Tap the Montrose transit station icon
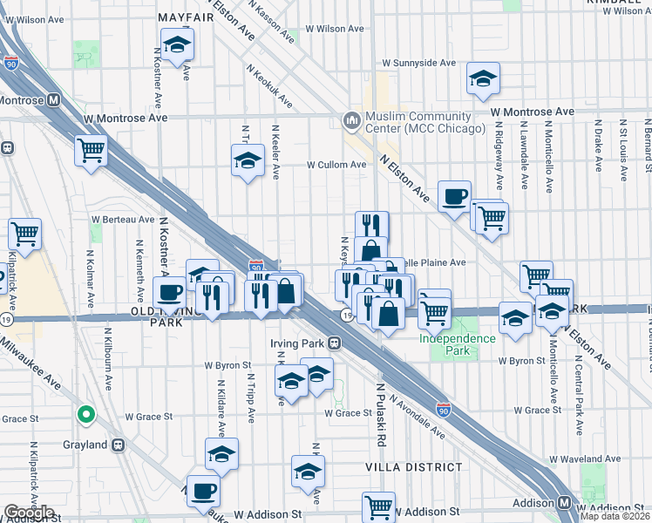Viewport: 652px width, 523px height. tap(54, 99)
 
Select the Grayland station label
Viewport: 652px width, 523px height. tap(84, 445)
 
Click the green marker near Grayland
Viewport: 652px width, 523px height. tap(85, 415)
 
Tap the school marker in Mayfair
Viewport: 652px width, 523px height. tap(177, 46)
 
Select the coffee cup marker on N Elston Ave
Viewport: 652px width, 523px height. tap(453, 198)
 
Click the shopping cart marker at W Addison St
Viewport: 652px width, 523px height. tap(379, 507)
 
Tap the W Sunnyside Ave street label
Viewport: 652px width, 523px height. tap(420, 64)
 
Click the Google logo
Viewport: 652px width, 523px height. tap(29, 513)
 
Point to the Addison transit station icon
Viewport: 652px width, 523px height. tap(565, 503)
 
